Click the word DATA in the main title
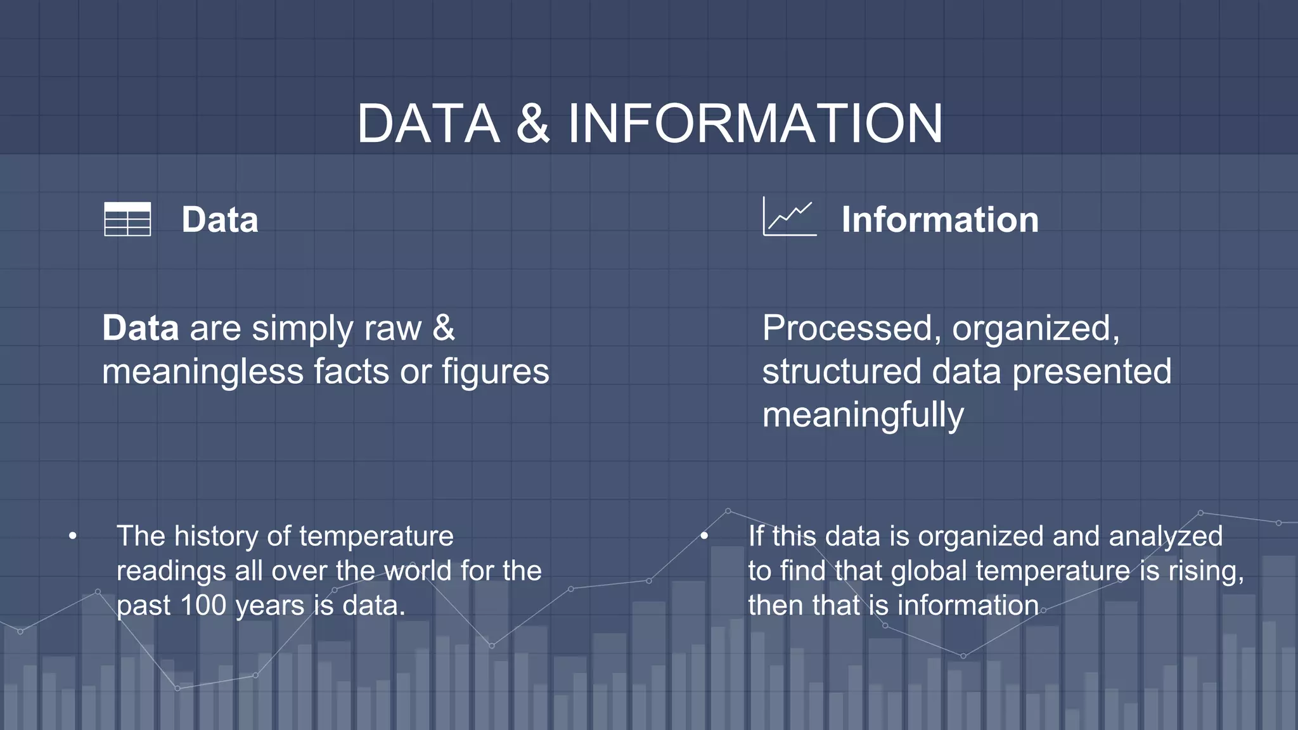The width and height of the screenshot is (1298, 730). tap(428, 124)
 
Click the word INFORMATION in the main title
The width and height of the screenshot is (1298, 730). tap(755, 124)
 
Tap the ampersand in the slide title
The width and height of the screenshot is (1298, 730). tap(532, 124)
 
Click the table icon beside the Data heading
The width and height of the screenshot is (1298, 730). tap(127, 219)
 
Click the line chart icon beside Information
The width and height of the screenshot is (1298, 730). tap(789, 217)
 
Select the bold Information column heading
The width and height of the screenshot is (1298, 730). tap(939, 220)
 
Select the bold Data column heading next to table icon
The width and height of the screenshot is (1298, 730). tap(220, 220)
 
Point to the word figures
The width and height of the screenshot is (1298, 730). tap(495, 372)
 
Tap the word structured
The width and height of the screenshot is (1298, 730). tap(840, 372)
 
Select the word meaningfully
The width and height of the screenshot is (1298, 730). tap(863, 416)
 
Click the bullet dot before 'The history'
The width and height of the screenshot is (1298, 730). tap(73, 537)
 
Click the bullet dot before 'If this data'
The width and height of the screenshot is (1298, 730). tap(704, 537)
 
